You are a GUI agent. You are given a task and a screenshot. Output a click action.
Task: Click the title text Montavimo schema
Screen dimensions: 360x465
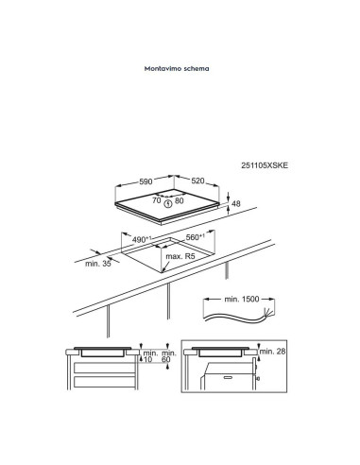177,68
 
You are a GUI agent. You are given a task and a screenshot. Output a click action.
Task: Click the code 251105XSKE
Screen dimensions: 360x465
265,165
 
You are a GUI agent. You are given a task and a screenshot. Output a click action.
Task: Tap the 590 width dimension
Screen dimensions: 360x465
146,181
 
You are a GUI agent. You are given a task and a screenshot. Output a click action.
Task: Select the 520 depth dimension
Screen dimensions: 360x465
197,181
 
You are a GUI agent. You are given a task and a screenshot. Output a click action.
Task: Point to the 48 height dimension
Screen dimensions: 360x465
236,203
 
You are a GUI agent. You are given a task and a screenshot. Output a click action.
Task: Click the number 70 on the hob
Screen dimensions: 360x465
157,200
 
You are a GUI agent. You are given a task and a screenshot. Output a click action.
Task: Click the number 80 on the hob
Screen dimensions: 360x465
180,200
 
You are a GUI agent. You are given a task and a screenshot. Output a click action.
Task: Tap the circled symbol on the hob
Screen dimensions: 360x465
168,204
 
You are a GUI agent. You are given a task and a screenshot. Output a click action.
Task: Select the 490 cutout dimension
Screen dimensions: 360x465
142,239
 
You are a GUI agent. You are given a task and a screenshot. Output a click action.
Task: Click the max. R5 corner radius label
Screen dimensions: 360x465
180,256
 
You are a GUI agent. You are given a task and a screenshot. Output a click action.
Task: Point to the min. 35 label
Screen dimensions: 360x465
98,264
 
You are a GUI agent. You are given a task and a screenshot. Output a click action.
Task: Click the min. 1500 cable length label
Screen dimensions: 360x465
242,299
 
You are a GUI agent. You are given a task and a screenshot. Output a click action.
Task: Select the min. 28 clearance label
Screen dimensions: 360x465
272,351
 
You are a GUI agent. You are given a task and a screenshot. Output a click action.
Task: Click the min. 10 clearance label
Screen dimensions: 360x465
150,356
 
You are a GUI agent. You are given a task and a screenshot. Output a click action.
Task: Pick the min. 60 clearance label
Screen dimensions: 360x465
169,356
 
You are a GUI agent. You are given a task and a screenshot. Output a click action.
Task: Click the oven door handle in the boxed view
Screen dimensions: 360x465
227,377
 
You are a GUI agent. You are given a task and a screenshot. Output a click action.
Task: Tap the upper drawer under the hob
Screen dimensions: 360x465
104,368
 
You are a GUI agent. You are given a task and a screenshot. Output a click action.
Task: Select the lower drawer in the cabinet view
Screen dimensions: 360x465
104,382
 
